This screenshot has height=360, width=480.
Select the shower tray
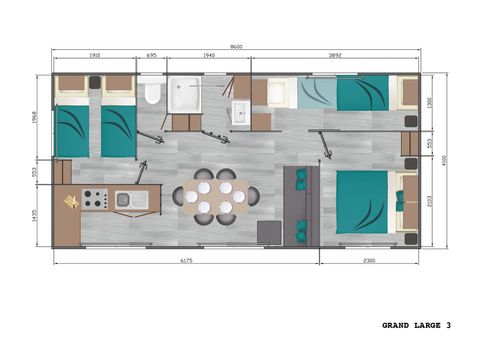pyautogui.click(x=185, y=94)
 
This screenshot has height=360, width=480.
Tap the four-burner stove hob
pyautogui.click(x=94, y=199)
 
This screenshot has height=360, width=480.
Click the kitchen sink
pyautogui.click(x=132, y=200)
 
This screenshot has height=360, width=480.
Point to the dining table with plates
pyautogui.click(x=215, y=197)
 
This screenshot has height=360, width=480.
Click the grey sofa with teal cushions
pyautogui.click(x=300, y=205)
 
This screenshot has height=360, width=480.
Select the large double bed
pyautogui.click(x=362, y=201)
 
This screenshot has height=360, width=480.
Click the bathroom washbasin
pyautogui.click(x=241, y=112)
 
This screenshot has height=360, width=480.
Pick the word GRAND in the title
pyautogui.click(x=396, y=325)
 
